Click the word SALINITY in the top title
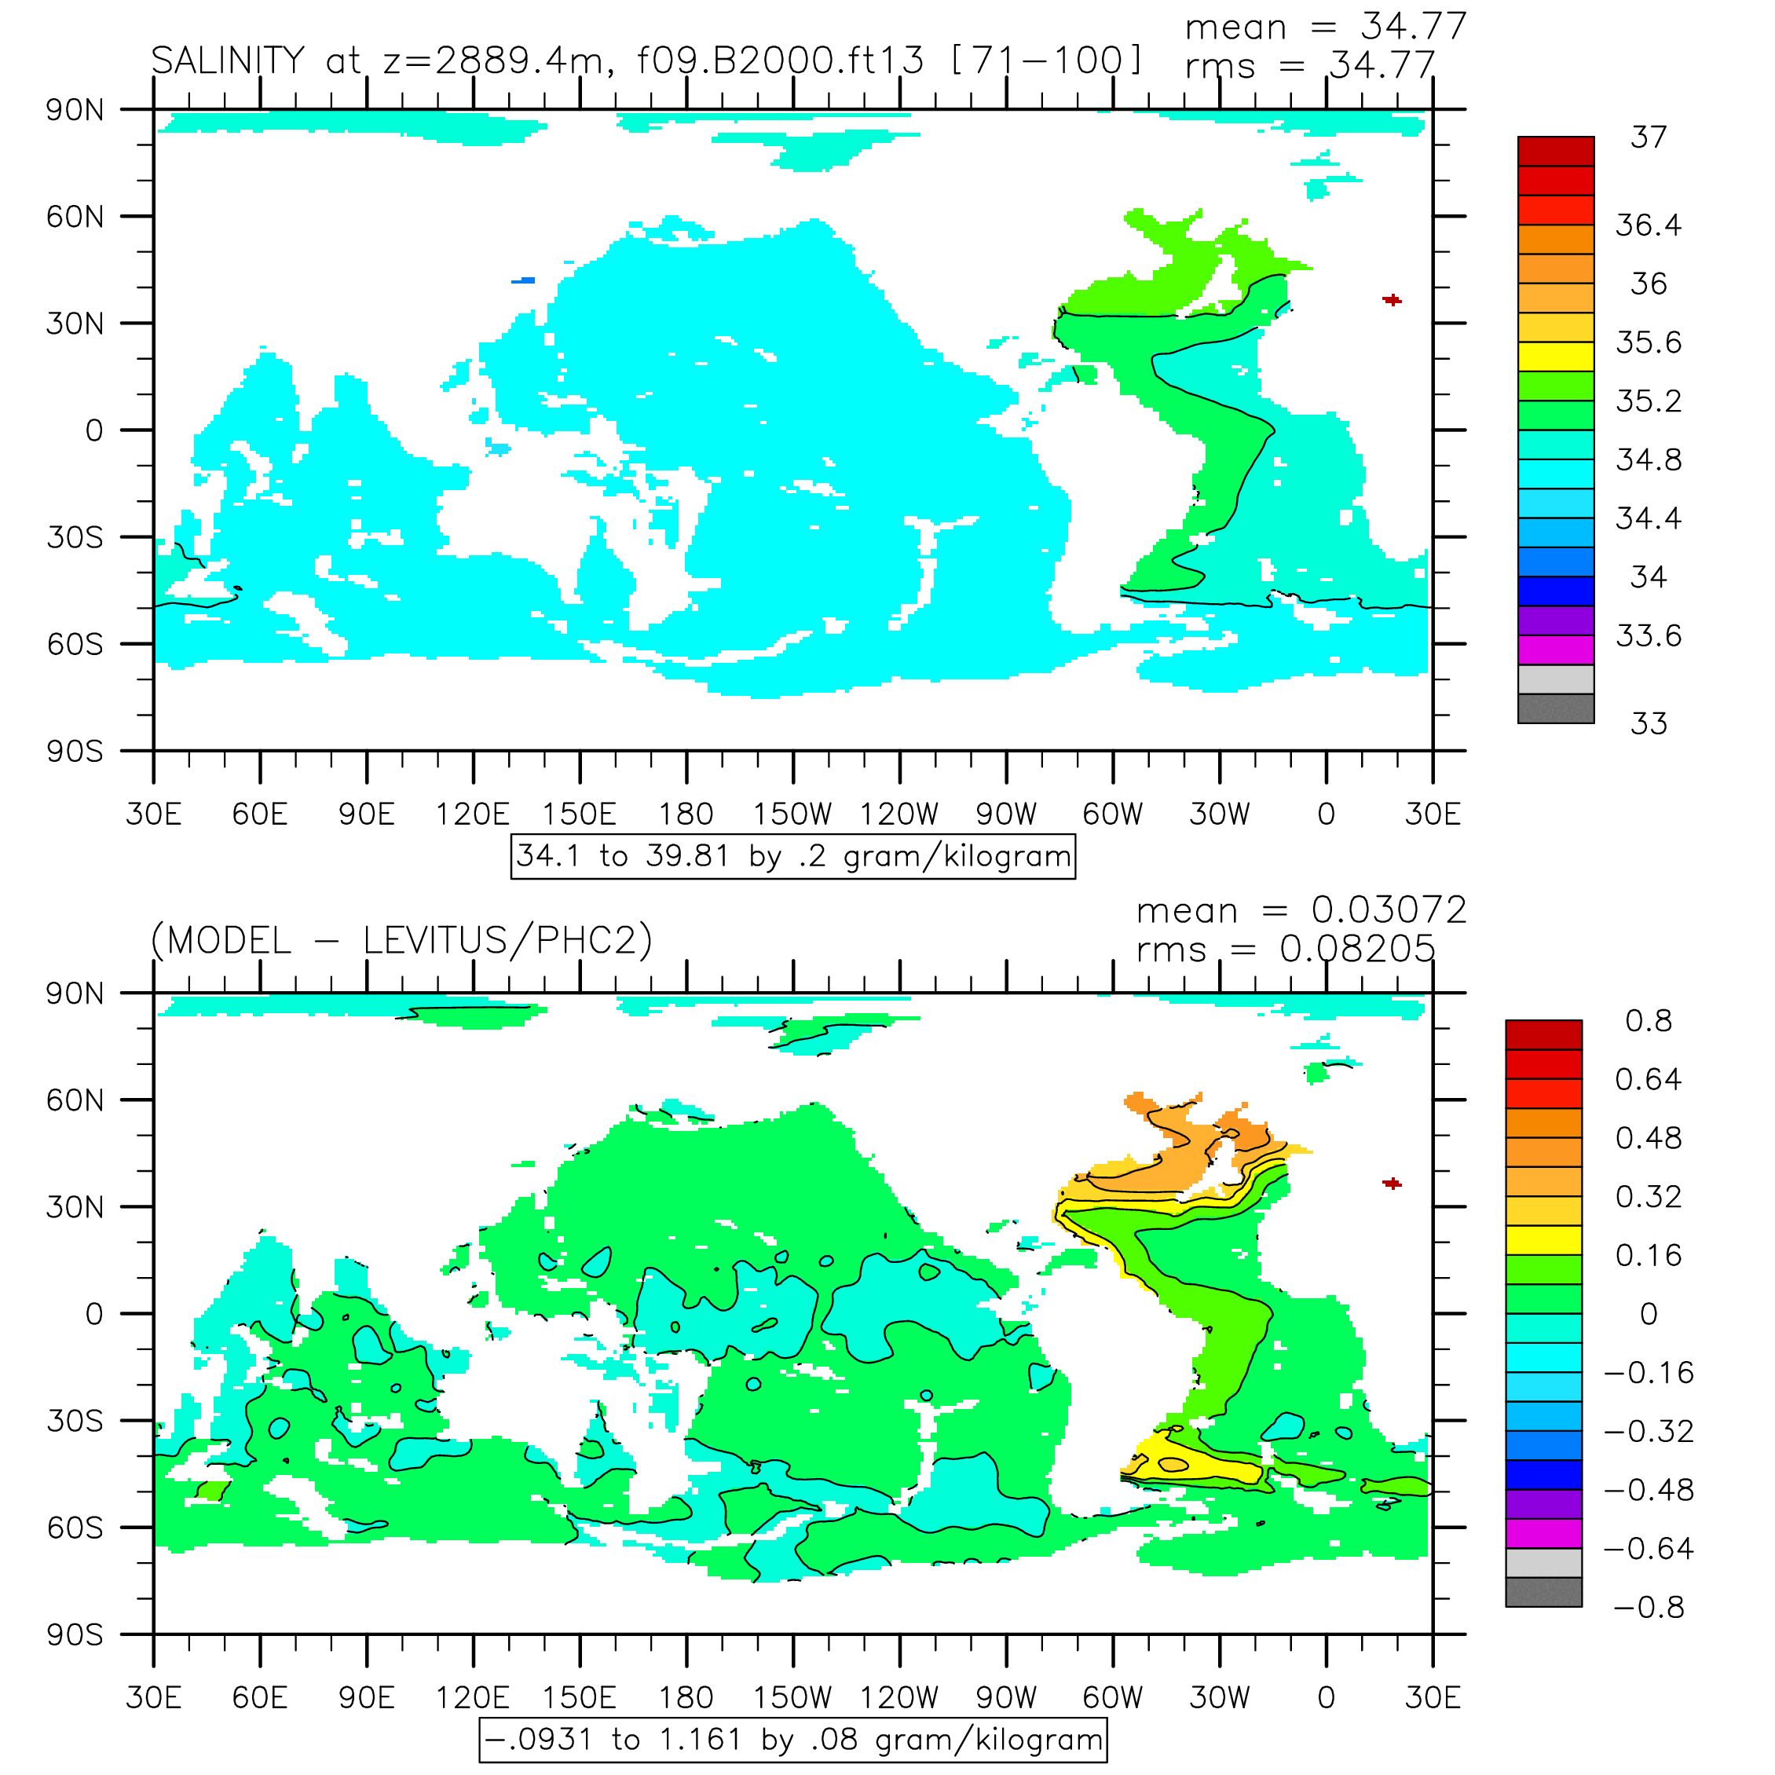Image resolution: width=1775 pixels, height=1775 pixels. (227, 60)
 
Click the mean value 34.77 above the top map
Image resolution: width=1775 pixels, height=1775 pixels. (1412, 26)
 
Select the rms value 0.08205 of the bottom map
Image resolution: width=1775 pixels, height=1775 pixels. (1357, 949)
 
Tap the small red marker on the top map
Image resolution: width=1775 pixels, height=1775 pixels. (1392, 299)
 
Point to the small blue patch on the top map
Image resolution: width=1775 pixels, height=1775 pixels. (523, 280)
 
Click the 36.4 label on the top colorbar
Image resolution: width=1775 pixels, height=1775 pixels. (1649, 225)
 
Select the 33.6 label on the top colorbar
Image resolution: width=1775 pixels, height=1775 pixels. (1649, 635)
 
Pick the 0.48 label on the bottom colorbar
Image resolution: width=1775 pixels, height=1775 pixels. (1649, 1138)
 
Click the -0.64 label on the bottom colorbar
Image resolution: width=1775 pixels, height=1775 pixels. (1649, 1549)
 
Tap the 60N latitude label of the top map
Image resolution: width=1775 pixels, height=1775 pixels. (75, 217)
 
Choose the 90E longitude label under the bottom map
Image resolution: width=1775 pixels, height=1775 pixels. (367, 1697)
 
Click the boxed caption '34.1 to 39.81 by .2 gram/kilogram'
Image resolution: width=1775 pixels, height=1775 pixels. (793, 856)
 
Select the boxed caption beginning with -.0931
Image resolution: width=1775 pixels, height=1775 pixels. (793, 1740)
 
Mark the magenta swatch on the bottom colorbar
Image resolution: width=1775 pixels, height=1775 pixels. (1543, 1533)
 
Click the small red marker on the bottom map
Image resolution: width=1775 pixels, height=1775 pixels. (1392, 1184)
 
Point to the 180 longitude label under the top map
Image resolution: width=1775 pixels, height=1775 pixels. (686, 814)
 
